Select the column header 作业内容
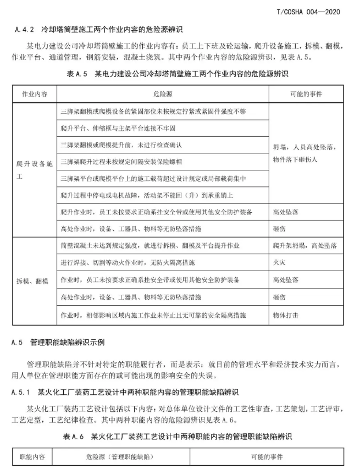pos(34,94)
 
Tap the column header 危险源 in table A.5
pos(163,94)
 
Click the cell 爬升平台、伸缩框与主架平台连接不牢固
pos(118,128)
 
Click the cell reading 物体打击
pos(285,315)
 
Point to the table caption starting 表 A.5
pos(180,73)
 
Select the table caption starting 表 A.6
pos(180,436)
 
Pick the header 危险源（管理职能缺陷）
pos(119,457)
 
